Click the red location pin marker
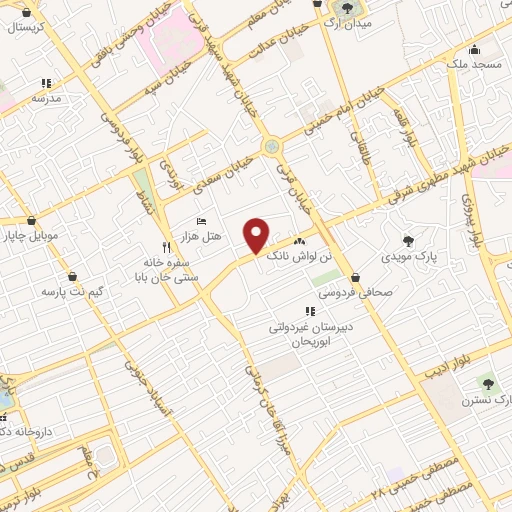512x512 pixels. click(257, 235)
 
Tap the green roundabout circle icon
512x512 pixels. click(271, 147)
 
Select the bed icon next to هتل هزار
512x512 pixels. click(202, 221)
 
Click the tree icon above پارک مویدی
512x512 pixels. click(408, 241)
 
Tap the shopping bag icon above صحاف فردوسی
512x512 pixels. click(356, 278)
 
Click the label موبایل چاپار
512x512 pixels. click(31, 237)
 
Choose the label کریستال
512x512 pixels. click(29, 28)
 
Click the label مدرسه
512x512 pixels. click(46, 99)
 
